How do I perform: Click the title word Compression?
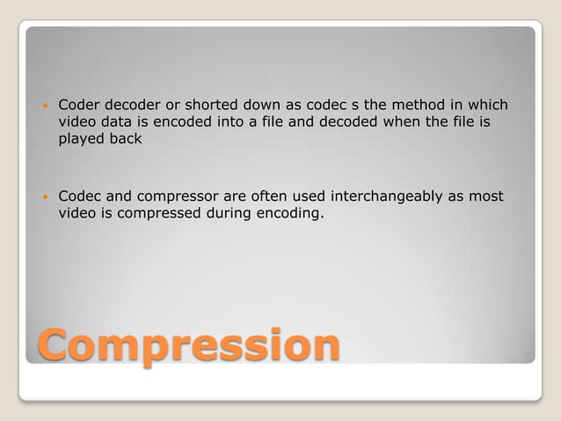tap(187, 345)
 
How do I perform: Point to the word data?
tap(120, 122)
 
